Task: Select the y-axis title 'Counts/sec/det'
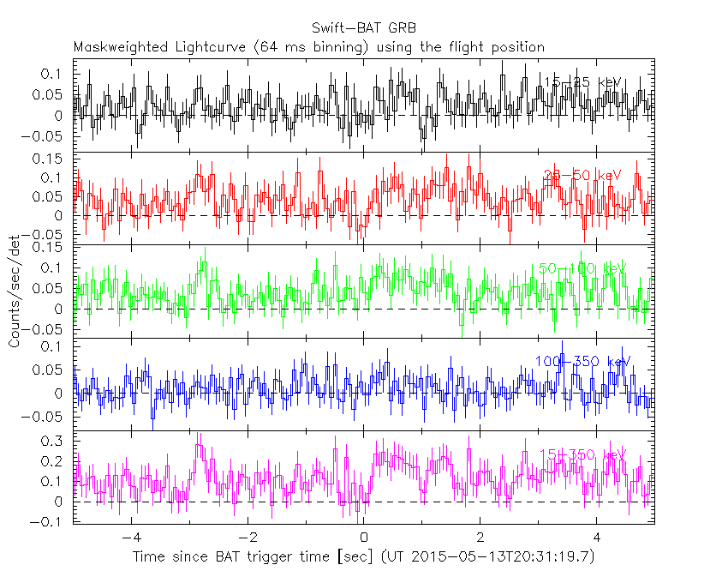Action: click(x=15, y=293)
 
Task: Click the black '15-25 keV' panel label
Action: click(x=582, y=82)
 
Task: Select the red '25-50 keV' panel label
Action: click(x=582, y=176)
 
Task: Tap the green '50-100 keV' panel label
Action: click(x=582, y=268)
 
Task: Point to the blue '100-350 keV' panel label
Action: click(x=582, y=361)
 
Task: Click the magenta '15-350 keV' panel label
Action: click(x=582, y=454)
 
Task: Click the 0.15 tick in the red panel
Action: click(x=51, y=159)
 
